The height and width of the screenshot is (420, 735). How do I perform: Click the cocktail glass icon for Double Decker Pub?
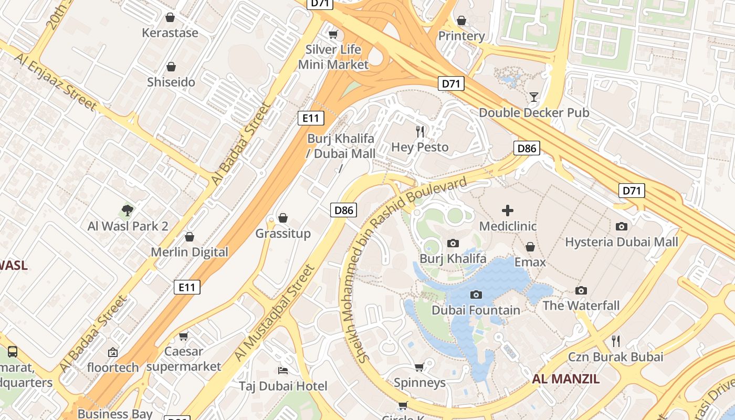tap(534, 97)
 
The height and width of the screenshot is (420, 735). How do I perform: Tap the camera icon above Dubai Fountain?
tap(476, 295)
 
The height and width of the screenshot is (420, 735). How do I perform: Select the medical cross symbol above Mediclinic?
tap(508, 211)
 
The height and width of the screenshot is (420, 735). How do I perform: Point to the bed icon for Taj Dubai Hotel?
tap(283, 371)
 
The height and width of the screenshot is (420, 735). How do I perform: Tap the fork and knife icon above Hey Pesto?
tap(420, 131)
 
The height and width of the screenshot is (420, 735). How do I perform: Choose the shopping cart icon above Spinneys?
tap(419, 367)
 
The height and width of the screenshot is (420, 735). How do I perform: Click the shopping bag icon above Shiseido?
tap(171, 67)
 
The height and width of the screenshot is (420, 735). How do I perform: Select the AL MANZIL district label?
tap(565, 379)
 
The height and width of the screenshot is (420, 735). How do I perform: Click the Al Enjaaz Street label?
tap(56, 82)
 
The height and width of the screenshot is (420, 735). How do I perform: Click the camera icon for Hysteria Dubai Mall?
tap(622, 227)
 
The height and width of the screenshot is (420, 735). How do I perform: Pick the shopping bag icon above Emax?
tap(530, 247)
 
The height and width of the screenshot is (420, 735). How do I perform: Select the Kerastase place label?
tap(170, 33)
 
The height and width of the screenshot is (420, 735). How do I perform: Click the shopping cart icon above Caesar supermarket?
tap(183, 336)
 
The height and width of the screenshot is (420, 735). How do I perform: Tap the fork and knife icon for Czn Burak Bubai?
tap(616, 341)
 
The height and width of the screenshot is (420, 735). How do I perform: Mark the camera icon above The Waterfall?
tap(581, 290)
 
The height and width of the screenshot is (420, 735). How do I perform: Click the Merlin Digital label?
tap(190, 252)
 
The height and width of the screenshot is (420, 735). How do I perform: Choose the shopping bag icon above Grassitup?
tap(283, 218)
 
